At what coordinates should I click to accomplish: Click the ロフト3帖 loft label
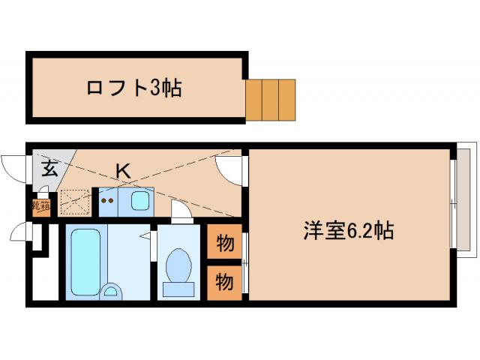tap(134, 88)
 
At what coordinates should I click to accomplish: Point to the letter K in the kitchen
tap(123, 171)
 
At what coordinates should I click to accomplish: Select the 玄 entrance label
tap(49, 168)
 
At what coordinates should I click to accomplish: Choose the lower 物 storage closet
tap(224, 282)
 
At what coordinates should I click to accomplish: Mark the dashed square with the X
tap(75, 201)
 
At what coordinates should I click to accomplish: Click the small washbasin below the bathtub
tap(111, 291)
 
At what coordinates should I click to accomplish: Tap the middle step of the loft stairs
tap(271, 99)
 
